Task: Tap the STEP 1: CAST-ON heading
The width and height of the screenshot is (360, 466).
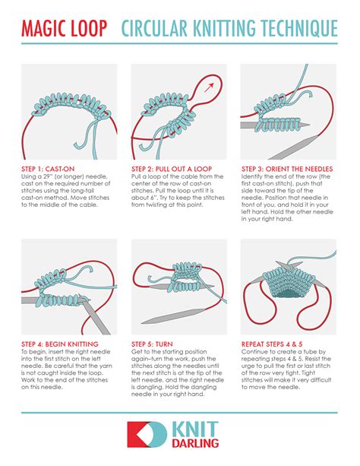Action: tap(49, 169)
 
